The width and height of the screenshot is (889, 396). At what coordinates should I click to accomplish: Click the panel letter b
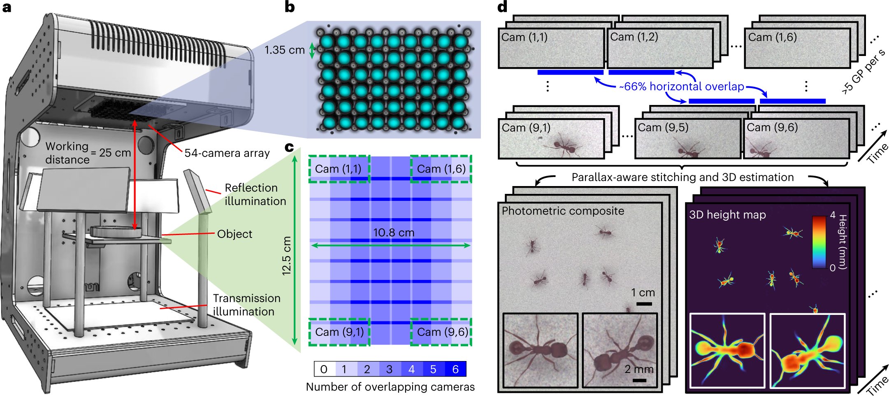tap(290, 7)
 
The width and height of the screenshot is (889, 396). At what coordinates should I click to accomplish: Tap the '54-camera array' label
tap(227, 153)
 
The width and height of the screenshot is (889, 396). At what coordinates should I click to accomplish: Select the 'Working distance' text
tap(67, 153)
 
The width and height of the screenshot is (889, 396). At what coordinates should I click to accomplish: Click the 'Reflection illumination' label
tap(255, 194)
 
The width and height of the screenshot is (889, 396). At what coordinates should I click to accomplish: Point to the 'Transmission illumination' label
tap(246, 305)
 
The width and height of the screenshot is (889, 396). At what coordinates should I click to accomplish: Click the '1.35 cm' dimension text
tap(284, 50)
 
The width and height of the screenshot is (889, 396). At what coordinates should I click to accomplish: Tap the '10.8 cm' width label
tap(393, 233)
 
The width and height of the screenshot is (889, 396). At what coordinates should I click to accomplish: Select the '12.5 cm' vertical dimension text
tap(287, 256)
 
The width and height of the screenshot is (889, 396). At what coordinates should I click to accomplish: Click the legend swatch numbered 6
tap(455, 369)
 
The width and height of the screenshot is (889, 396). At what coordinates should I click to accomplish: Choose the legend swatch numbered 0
tap(324, 369)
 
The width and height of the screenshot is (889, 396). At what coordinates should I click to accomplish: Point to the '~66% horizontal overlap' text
tap(681, 87)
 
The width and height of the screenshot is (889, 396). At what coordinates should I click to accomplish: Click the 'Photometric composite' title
tap(562, 211)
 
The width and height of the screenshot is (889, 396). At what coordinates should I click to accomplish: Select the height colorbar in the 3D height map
tap(819, 242)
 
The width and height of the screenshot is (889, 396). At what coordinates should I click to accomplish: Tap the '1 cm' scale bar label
tap(643, 293)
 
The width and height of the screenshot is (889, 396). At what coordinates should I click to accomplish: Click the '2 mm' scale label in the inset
tap(639, 369)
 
